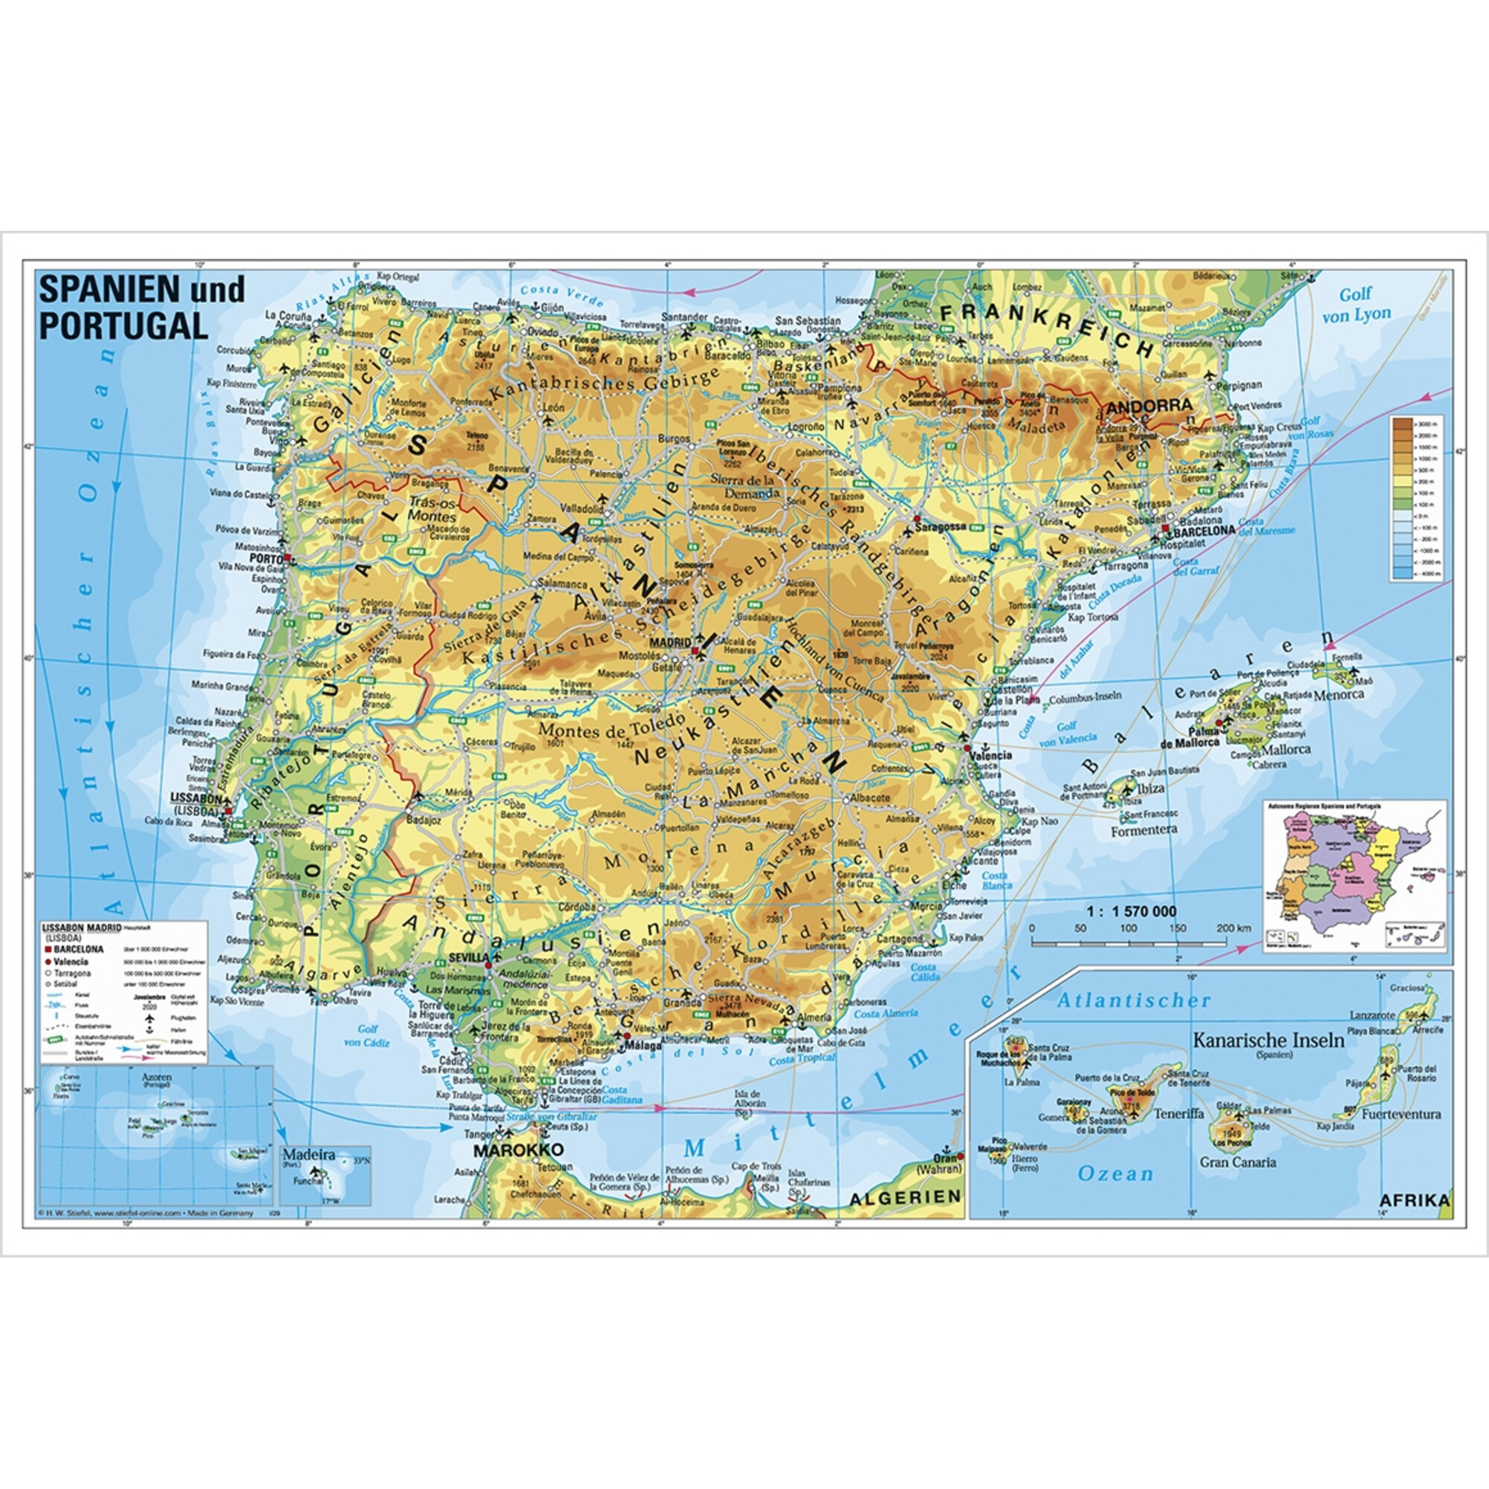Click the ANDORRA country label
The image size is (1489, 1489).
click(1148, 404)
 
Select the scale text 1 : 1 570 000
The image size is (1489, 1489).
click(1132, 912)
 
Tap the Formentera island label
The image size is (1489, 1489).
click(1144, 831)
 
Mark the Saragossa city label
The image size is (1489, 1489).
click(941, 526)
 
